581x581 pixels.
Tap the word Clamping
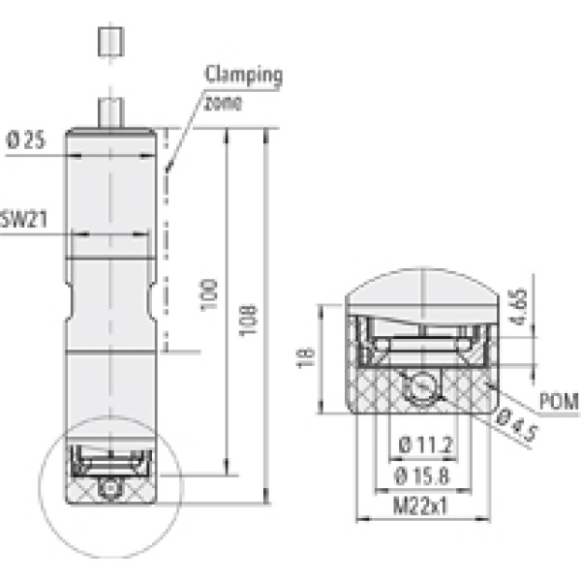tap(243, 74)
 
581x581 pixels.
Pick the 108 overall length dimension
tap(248, 320)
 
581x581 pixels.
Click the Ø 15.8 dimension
tap(426, 476)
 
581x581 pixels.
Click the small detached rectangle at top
tap(109, 43)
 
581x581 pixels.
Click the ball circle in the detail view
tap(422, 387)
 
